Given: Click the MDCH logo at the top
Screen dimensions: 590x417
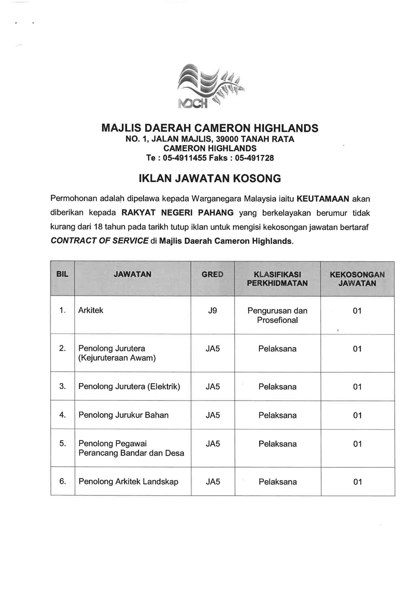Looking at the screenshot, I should click(209, 87).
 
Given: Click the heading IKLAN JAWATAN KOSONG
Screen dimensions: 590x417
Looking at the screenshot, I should click(210, 179).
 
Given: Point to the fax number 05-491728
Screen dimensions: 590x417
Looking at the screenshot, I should click(254, 158).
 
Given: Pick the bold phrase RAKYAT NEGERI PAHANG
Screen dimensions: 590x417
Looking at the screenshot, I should click(177, 213).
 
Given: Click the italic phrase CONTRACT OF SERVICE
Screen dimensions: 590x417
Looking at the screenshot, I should click(100, 241).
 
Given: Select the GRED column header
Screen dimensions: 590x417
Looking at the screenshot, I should click(213, 275).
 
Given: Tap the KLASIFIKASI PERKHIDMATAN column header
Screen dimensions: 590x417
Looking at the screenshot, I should click(277, 279).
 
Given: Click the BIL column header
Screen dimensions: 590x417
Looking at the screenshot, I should click(62, 274).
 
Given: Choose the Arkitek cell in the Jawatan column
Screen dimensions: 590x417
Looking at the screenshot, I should click(91, 311).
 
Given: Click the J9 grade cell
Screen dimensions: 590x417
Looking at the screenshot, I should click(213, 311).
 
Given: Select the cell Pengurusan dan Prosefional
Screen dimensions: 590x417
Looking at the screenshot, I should click(277, 315).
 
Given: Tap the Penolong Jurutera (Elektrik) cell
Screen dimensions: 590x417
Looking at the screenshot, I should click(129, 386).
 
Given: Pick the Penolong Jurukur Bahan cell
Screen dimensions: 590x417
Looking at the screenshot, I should click(124, 415).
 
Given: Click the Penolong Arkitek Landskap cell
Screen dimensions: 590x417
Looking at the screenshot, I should click(128, 482).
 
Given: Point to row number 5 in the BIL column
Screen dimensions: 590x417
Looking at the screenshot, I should click(62, 443).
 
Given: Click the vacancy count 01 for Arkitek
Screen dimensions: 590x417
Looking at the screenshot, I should click(357, 311).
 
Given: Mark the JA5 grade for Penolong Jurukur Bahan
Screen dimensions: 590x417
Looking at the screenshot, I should click(213, 415).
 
